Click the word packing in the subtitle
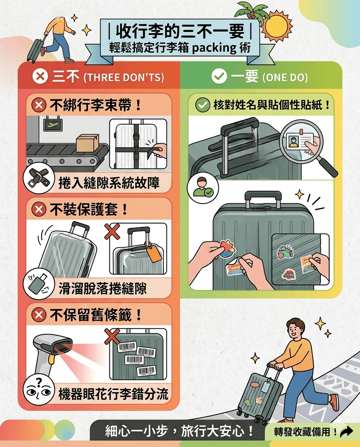coord(214,48)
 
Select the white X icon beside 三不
coord(40,76)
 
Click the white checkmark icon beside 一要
coord(219,76)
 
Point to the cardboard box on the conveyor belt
coord(88,143)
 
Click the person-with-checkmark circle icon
coord(203,187)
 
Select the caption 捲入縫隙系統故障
coord(109,183)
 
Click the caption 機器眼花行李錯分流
coord(113,394)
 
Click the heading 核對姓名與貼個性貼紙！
coord(272,105)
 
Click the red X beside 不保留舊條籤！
coord(39,315)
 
